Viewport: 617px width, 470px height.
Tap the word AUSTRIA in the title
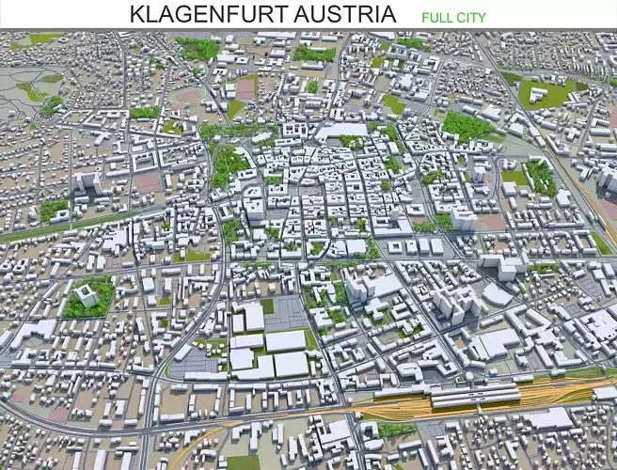click(344, 15)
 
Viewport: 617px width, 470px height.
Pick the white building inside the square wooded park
click(86, 296)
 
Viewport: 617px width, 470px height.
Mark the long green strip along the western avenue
click(56, 226)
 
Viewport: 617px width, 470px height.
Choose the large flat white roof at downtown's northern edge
click(344, 131)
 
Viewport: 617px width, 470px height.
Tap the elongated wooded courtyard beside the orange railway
click(540, 176)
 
